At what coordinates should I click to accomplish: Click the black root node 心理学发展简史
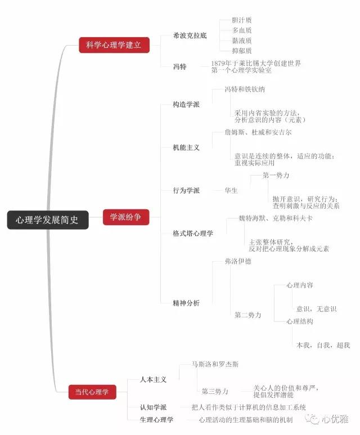click(x=47, y=219)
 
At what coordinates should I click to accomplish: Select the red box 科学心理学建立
click(x=114, y=45)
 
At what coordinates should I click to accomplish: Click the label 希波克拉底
click(x=190, y=35)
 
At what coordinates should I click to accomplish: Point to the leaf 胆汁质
click(x=242, y=20)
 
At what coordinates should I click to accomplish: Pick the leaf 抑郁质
click(x=242, y=51)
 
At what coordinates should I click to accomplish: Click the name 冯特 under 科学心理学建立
click(x=179, y=66)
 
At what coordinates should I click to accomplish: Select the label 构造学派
click(x=186, y=105)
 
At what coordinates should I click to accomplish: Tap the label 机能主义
click(x=186, y=147)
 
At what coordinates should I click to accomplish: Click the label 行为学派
click(x=186, y=190)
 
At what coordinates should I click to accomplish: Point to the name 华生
click(x=231, y=190)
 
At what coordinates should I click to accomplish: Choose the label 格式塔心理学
click(x=193, y=233)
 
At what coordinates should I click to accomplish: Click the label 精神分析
click(x=186, y=302)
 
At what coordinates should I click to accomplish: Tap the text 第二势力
click(x=248, y=315)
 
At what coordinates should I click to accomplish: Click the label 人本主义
click(x=154, y=380)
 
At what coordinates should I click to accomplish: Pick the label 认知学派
click(x=154, y=407)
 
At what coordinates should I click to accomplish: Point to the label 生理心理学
click(x=157, y=420)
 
